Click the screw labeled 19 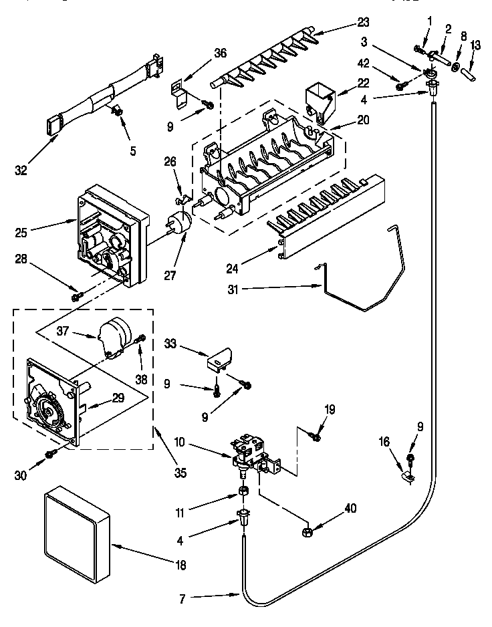pyautogui.click(x=316, y=436)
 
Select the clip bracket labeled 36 pyautogui.click(x=178, y=90)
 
